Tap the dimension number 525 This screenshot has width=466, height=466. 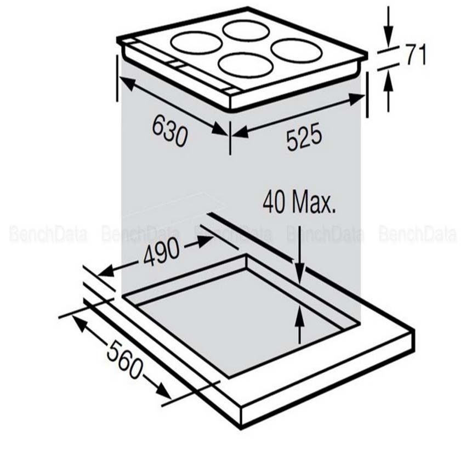(x=303, y=138)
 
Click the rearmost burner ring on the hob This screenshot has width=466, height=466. (x=246, y=30)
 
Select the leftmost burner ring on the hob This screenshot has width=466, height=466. (x=196, y=43)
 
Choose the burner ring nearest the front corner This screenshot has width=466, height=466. (x=246, y=64)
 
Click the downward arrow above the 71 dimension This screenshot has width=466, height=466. (x=388, y=38)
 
